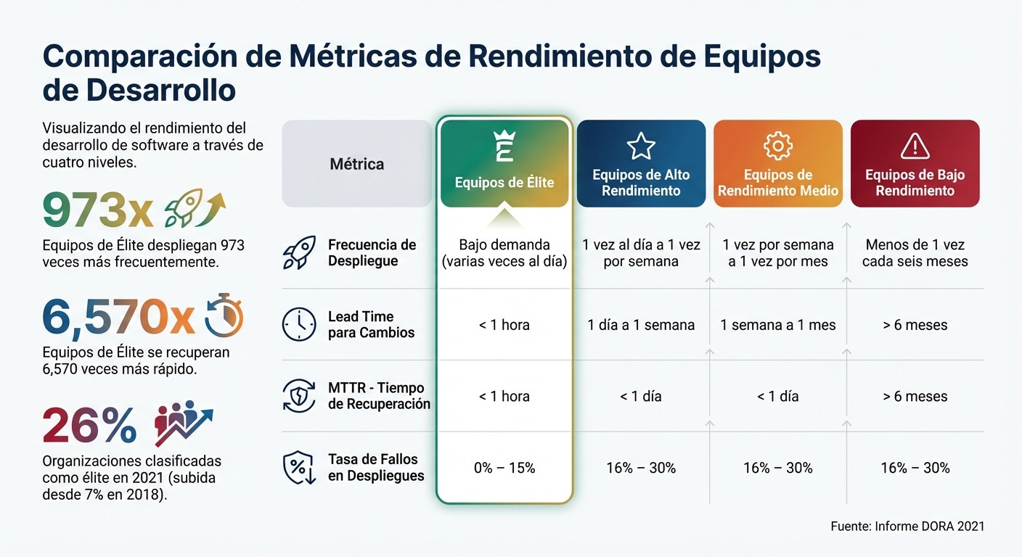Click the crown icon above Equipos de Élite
point(504,146)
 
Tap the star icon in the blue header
point(641,146)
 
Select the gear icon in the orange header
point(778,146)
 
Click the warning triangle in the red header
point(915,147)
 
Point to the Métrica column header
point(356,164)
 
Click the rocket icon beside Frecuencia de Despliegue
point(299,252)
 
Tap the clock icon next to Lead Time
point(299,324)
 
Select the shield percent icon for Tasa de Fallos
point(299,468)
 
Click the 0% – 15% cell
point(504,468)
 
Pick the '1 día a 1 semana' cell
point(641,325)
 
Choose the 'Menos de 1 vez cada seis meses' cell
point(915,252)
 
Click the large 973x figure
point(97,211)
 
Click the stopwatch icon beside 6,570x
point(224,317)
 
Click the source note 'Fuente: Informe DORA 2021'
point(907,526)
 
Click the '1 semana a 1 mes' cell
point(778,325)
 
